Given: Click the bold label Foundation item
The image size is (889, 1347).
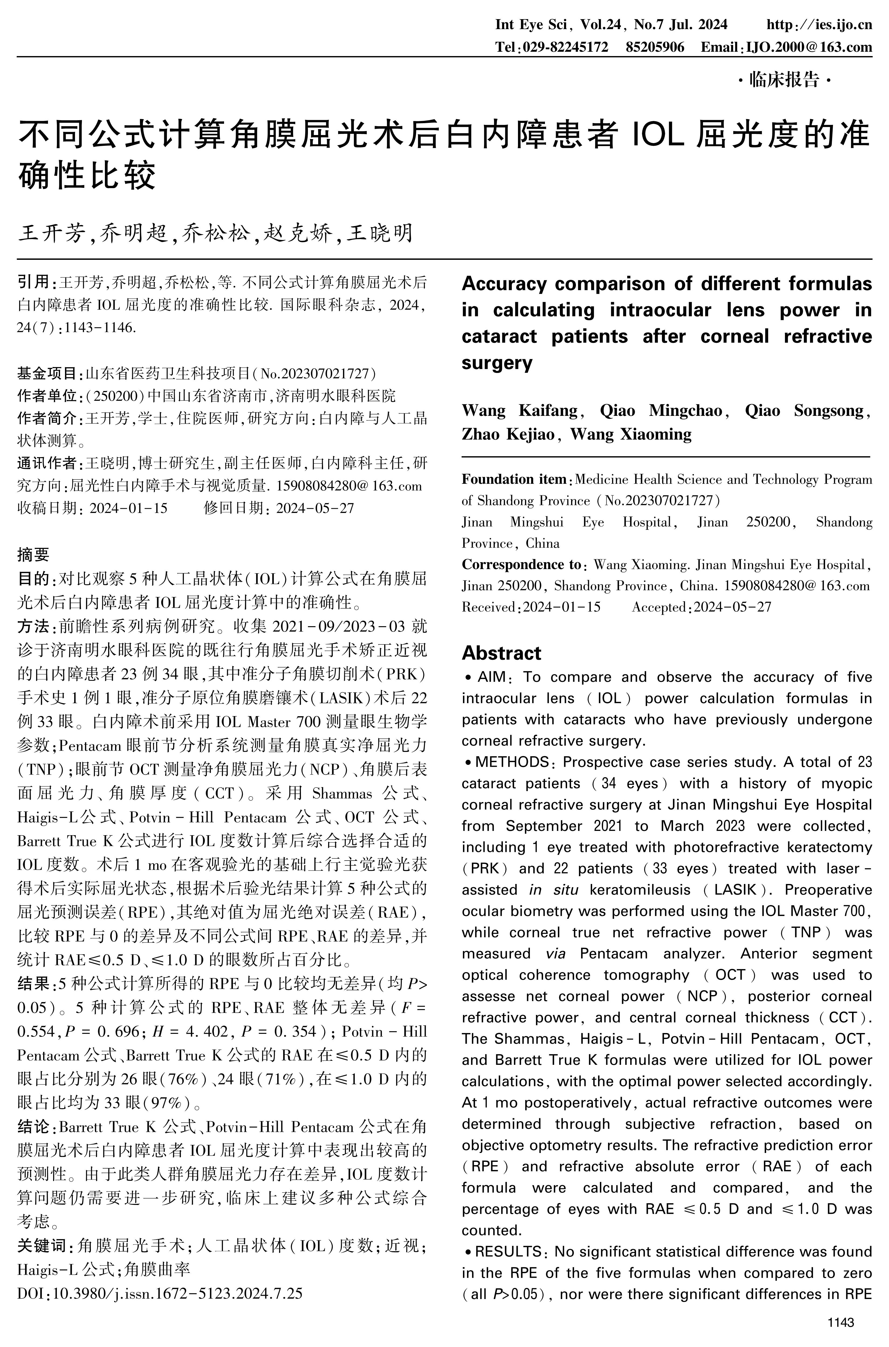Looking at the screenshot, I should tap(514, 479).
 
